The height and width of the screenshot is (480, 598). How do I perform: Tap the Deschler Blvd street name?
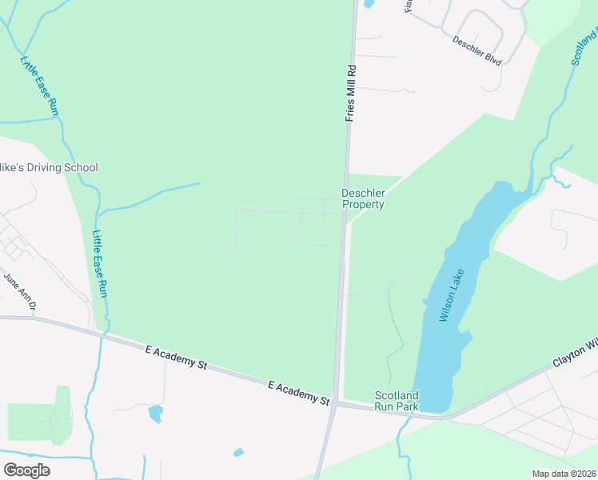[x=476, y=50]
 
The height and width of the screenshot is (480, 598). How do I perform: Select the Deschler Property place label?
[x=363, y=198]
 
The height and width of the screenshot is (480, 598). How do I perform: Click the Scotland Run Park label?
[x=397, y=401]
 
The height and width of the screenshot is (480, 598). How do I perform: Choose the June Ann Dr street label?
[x=21, y=291]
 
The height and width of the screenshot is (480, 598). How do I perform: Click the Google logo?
[x=26, y=470]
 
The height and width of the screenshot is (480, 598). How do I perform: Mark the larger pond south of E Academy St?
[x=155, y=414]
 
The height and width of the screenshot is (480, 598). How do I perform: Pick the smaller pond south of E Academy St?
[x=238, y=453]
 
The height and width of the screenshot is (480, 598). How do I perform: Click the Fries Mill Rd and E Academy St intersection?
[x=336, y=403]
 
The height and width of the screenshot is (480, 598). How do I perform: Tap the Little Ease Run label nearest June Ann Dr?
[x=99, y=265]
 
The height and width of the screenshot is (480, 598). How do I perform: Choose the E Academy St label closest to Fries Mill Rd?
[x=299, y=393]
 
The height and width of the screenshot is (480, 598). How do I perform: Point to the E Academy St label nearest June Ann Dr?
[x=176, y=357]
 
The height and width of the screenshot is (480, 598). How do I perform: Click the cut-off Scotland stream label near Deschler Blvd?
[x=584, y=48]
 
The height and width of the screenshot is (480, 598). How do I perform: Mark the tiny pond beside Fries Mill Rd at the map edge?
[x=369, y=3]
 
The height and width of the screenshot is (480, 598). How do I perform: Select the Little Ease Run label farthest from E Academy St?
[x=40, y=87]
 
